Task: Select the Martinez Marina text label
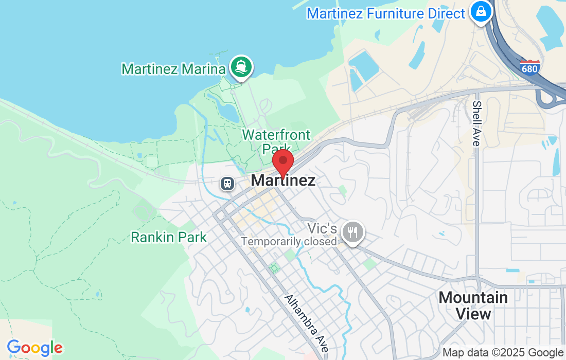pos(173,69)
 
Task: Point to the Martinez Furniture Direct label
pos(386,13)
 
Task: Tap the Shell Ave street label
pos(476,123)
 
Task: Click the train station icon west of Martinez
pos(226,183)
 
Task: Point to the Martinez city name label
pos(283,181)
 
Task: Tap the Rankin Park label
pos(169,237)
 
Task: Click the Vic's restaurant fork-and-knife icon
pos(353,232)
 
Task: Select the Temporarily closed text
pos(289,241)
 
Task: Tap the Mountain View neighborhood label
pos(473,305)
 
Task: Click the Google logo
pos(34,348)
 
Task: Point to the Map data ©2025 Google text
pos(503,353)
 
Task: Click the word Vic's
pos(322,228)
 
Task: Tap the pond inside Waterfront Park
pos(227,110)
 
